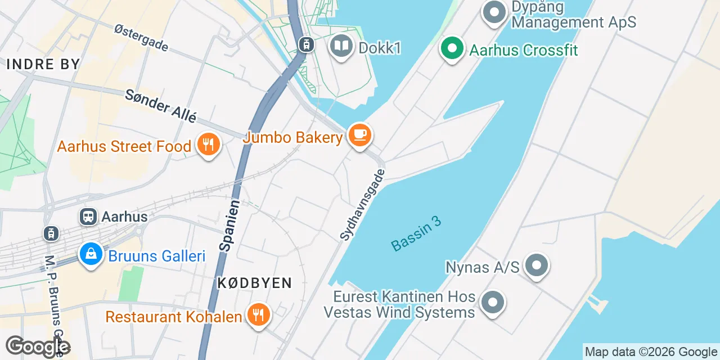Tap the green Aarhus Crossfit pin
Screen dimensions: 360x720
(x=452, y=49)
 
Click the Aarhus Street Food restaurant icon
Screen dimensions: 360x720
(x=208, y=145)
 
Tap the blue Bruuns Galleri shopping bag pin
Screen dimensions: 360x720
(x=91, y=255)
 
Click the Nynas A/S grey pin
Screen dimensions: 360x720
(x=536, y=265)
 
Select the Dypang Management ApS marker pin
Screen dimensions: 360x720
(x=494, y=12)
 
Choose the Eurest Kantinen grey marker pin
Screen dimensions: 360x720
(x=493, y=303)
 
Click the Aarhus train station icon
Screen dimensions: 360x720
(x=88, y=216)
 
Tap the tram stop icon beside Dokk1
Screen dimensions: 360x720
(x=307, y=44)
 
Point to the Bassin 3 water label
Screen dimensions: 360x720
(x=416, y=233)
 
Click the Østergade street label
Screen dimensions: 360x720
(x=141, y=38)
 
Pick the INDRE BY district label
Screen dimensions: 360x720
(x=43, y=64)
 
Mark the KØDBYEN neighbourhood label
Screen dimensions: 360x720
(x=255, y=283)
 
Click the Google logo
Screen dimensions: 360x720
(x=37, y=347)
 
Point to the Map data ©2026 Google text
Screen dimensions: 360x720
(x=651, y=352)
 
